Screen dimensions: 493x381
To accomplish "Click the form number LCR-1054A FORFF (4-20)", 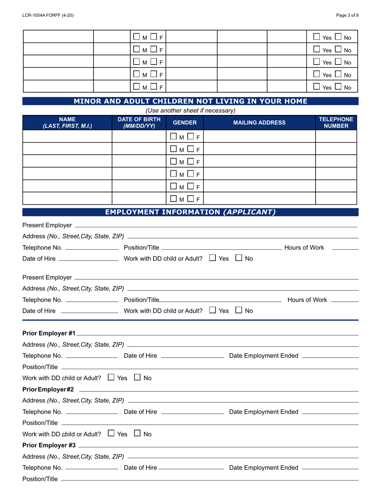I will point(48,15).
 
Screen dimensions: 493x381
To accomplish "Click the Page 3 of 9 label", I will point(347,15).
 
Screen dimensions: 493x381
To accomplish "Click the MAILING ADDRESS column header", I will point(259,123).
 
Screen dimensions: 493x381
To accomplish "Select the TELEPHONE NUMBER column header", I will point(336,123).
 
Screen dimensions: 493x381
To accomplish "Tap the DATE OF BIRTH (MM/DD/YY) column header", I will point(139,123).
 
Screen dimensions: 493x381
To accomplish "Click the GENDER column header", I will point(184,123).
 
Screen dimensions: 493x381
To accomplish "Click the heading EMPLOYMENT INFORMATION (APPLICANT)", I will point(190,212).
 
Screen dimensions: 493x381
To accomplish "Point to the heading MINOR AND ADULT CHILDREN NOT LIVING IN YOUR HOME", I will point(190,101).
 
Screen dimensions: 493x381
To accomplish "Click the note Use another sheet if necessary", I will point(190,110).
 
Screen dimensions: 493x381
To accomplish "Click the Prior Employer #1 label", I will point(49,333).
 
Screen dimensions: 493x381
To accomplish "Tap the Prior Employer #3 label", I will point(49,445).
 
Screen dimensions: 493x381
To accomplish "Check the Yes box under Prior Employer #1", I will point(111,377).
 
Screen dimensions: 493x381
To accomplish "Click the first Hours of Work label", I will point(304,247).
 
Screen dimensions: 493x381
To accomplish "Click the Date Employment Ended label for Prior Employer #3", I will point(263,467).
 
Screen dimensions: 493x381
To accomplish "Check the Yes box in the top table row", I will point(317,37).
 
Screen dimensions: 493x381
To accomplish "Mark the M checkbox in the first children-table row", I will point(173,137).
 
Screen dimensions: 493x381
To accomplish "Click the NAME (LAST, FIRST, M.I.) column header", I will point(67,123).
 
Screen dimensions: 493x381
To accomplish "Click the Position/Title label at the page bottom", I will point(40,479).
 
